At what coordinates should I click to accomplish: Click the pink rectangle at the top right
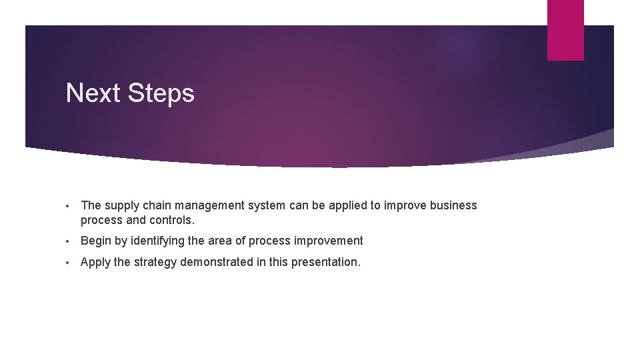tap(565, 30)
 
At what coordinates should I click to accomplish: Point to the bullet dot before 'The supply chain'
tap(69, 206)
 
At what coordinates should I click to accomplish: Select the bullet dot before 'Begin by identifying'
tap(69, 241)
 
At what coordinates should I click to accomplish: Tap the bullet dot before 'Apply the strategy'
tap(69, 263)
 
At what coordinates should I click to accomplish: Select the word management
tap(211, 206)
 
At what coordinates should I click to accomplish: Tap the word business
tap(453, 205)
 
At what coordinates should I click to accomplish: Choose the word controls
tap(172, 220)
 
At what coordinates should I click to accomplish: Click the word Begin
tap(95, 241)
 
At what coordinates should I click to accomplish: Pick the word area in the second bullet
tap(221, 241)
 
